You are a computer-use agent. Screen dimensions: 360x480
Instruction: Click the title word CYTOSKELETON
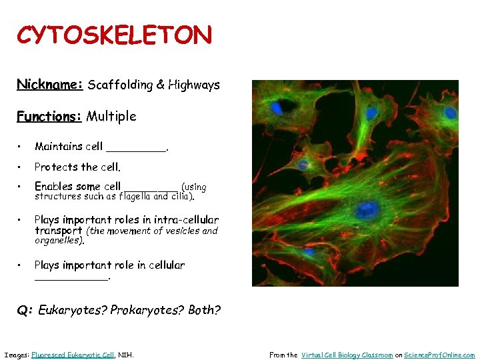coord(114,35)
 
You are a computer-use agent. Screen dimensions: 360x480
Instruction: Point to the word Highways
coord(194,85)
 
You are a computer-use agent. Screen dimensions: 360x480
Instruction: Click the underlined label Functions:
coord(49,117)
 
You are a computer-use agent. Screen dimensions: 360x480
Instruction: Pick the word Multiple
coord(111,117)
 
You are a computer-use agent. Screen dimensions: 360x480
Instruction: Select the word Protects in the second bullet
coord(55,167)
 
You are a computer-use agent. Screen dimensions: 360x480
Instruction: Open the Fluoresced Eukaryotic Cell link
coord(73,355)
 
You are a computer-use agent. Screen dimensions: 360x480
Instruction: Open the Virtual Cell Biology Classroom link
coord(347,355)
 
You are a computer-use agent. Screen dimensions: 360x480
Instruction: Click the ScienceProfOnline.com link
coord(439,355)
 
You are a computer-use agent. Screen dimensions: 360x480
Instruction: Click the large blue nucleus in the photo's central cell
coord(366,210)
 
